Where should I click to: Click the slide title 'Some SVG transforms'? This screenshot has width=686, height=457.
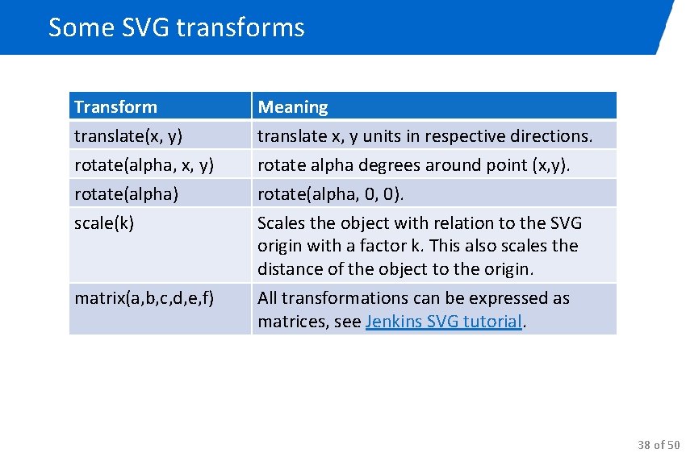(x=176, y=27)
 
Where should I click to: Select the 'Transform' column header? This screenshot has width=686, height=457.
(x=115, y=106)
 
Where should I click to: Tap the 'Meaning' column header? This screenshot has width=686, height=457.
(x=292, y=106)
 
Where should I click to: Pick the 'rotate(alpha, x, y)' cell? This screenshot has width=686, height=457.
(x=144, y=165)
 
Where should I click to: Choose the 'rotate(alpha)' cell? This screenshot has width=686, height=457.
(x=126, y=194)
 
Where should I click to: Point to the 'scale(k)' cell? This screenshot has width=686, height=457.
(x=104, y=223)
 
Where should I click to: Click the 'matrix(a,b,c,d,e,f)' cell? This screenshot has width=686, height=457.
(x=144, y=298)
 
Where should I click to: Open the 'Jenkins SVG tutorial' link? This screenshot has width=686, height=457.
(x=444, y=322)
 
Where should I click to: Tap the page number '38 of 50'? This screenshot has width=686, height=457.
(x=659, y=444)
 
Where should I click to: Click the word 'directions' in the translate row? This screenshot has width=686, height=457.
(x=554, y=136)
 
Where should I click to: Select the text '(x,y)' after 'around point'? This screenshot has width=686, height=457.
(x=550, y=165)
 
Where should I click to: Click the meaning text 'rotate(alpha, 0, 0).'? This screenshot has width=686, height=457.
(x=331, y=194)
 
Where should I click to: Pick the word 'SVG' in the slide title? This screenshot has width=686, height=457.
(x=145, y=27)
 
